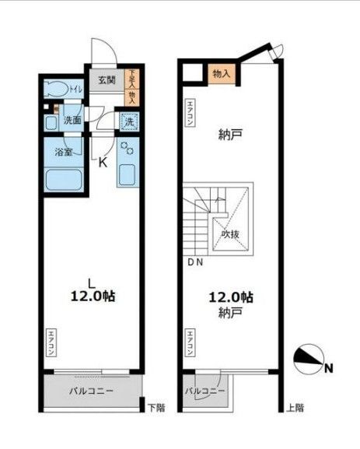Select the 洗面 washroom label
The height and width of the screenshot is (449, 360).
tap(72, 121)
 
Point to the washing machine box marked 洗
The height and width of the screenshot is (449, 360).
tap(130, 122)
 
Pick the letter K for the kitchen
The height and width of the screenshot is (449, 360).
tap(102, 162)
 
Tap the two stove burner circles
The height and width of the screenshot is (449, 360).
tap(128, 149)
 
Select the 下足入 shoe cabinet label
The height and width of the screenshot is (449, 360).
tap(131, 81)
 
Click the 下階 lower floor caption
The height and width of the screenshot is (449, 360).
tap(156, 407)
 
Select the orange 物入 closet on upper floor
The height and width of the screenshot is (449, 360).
tap(221, 73)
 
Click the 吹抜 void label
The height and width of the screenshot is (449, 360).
tap(229, 233)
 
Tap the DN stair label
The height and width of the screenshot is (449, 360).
tap(194, 262)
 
